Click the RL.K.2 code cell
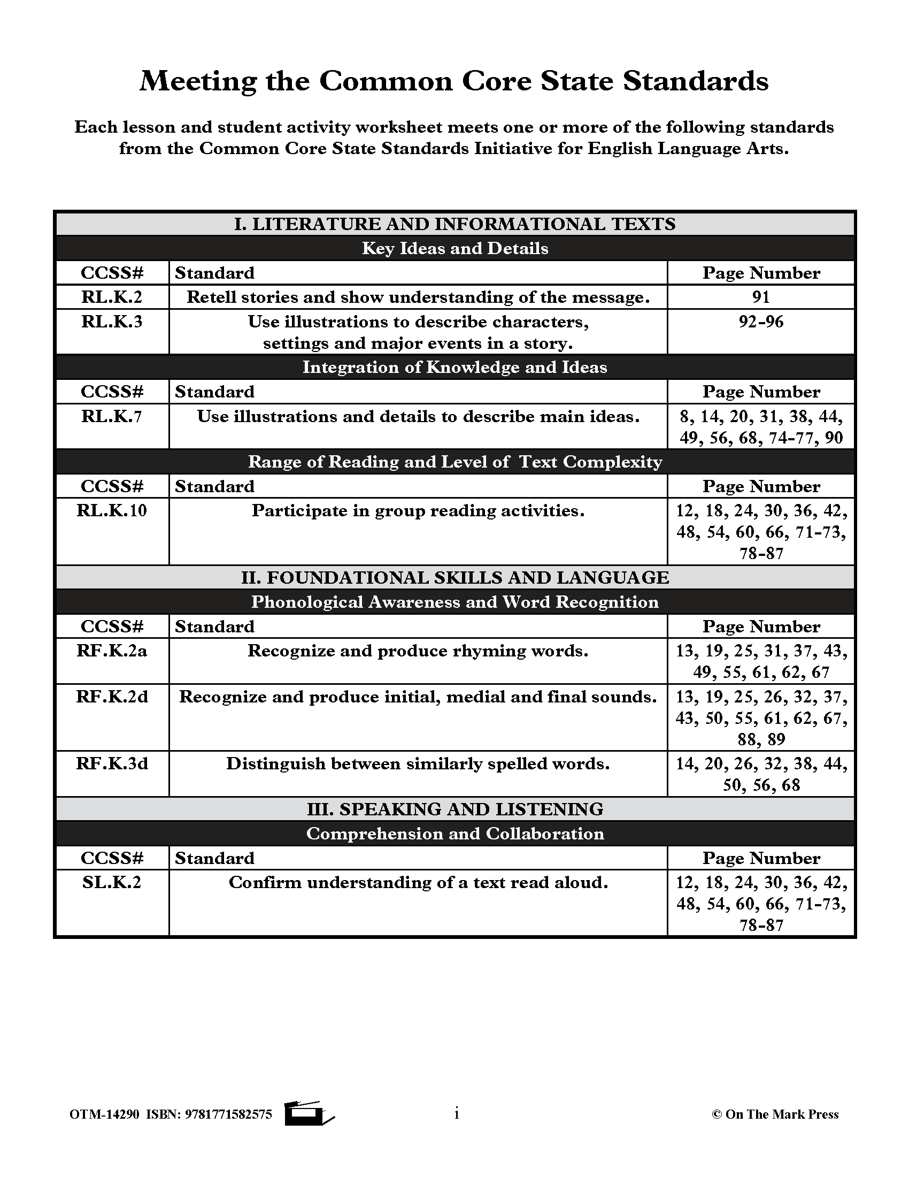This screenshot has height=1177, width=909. [x=112, y=297]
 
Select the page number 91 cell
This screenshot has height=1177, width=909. [x=760, y=297]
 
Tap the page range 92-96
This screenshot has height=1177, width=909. [x=760, y=322]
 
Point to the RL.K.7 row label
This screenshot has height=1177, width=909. [x=112, y=416]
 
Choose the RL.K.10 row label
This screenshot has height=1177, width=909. [x=112, y=510]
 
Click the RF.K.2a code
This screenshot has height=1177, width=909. [x=112, y=651]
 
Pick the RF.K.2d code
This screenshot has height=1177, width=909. [x=112, y=697]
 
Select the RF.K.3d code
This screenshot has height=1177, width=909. [x=112, y=763]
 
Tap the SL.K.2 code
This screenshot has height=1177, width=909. [x=112, y=882]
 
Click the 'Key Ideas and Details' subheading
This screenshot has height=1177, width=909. [x=455, y=248]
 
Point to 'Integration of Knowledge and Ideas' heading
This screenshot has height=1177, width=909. [x=455, y=367]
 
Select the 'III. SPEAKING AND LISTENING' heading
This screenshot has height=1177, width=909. [x=455, y=809]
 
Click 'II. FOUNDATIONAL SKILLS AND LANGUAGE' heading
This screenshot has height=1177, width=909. [x=455, y=577]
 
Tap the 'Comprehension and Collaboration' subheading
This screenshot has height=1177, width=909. [x=455, y=834]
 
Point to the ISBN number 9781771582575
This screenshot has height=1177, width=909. [x=228, y=1114]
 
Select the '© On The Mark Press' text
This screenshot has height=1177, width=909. [x=775, y=1114]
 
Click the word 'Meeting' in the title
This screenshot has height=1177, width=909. [x=198, y=82]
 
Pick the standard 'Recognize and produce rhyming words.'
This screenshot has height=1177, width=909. [x=418, y=651]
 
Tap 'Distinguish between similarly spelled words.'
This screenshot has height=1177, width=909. [x=418, y=763]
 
